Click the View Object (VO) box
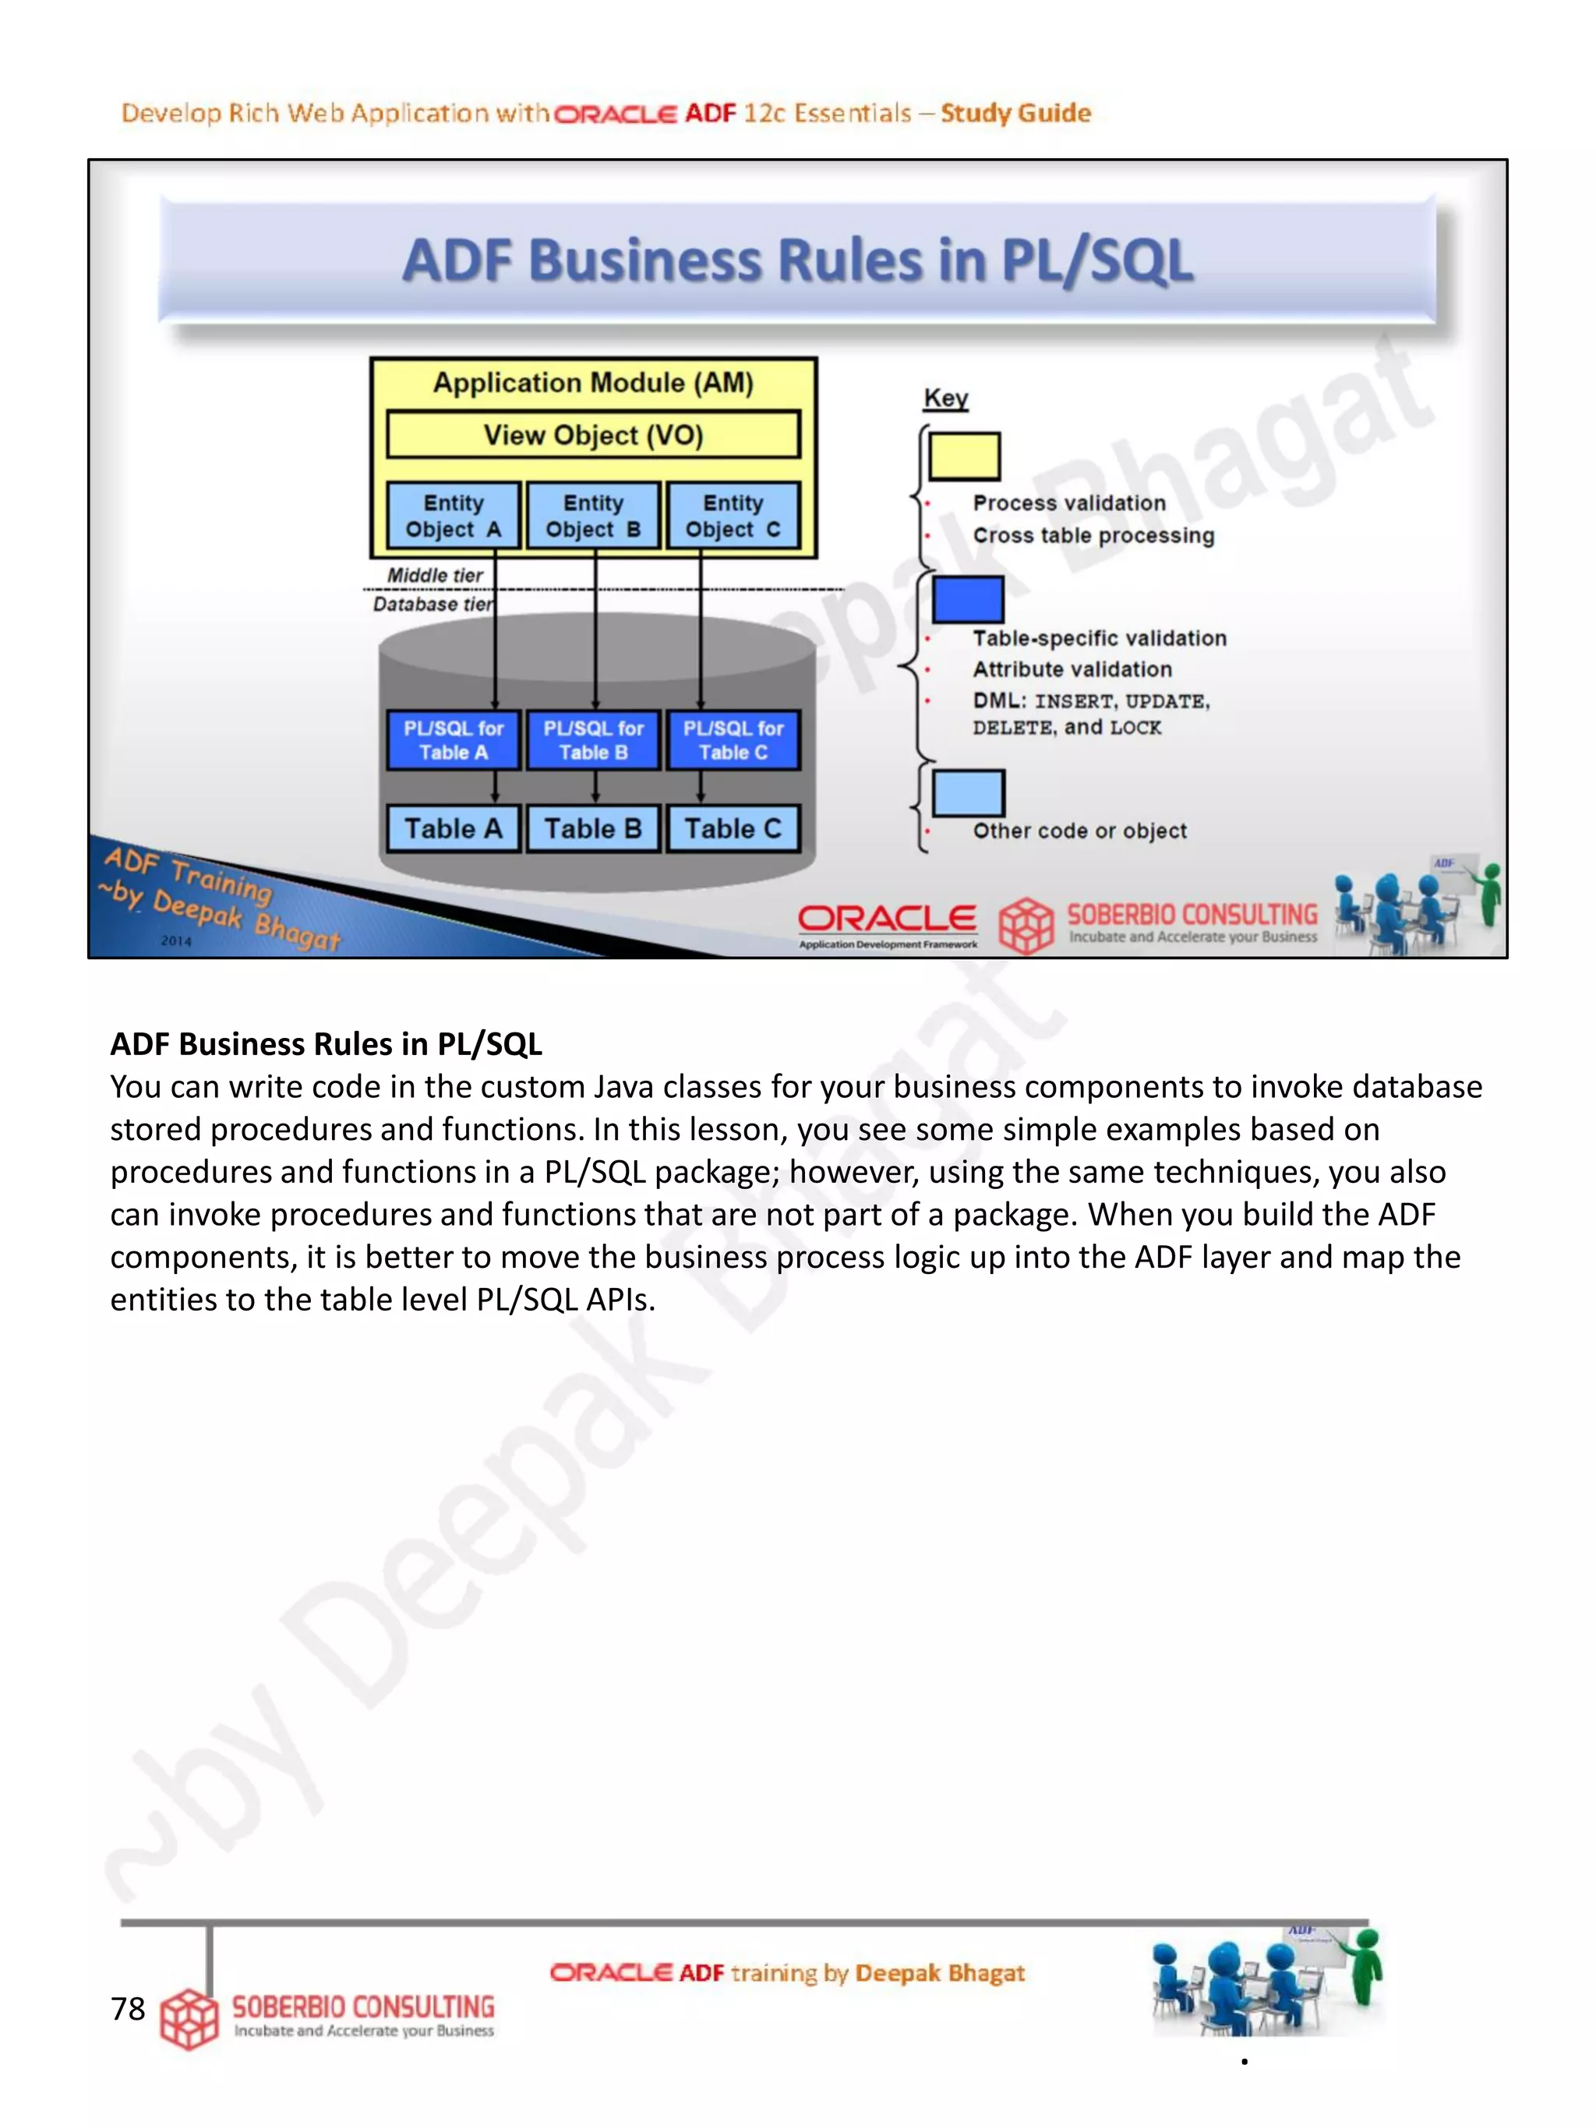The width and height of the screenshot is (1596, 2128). [x=592, y=435]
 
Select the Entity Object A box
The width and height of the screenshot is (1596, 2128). [x=453, y=516]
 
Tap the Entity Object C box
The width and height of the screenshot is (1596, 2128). [x=733, y=516]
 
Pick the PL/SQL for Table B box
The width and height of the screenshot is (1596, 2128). [x=594, y=739]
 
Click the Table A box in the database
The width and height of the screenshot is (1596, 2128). [x=453, y=828]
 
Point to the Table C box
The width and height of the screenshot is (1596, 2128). [x=733, y=828]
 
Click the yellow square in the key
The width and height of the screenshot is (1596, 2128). [x=964, y=456]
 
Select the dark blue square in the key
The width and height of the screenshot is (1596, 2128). [x=968, y=599]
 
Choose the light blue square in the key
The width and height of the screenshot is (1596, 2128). [x=969, y=792]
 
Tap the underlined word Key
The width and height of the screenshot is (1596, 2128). [x=945, y=397]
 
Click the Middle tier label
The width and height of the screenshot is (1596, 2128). [x=435, y=574]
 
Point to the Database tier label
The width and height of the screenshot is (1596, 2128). [x=433, y=604]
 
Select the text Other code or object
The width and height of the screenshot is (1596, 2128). [x=1079, y=831]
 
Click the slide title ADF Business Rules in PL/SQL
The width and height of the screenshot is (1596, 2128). [x=797, y=261]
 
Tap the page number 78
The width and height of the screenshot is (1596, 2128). [x=128, y=2009]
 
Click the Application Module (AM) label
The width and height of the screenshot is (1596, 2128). [x=592, y=383]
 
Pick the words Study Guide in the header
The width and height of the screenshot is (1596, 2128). [x=1016, y=114]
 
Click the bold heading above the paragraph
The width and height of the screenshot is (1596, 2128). [x=326, y=1044]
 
